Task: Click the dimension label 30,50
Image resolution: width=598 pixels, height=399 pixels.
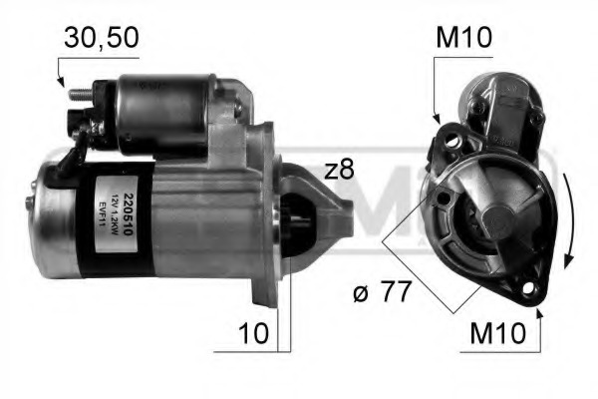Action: (x=101, y=38)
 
